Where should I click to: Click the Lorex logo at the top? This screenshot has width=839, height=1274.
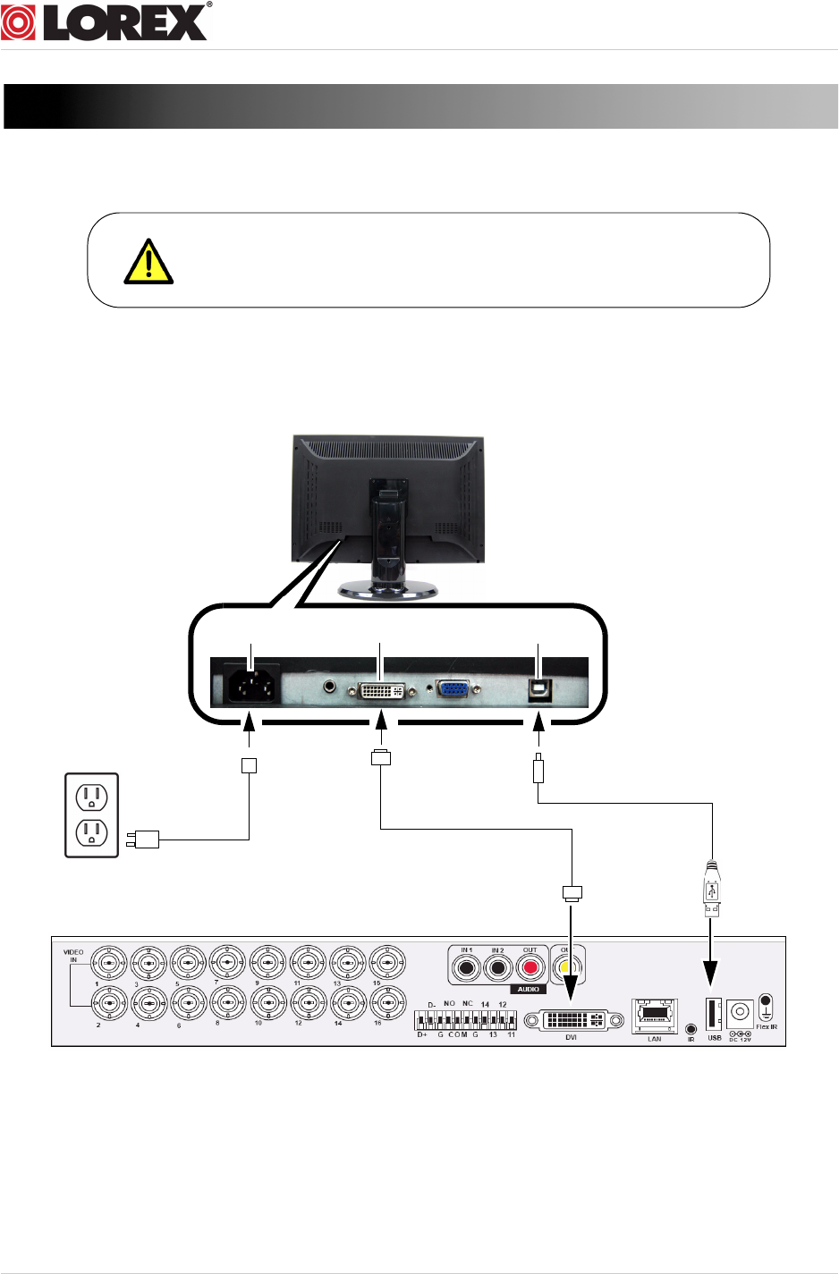[106, 21]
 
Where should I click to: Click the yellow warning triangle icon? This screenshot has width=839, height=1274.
[148, 262]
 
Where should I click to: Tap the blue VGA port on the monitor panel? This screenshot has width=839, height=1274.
[453, 689]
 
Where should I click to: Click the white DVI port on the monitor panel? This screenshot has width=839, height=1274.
[382, 690]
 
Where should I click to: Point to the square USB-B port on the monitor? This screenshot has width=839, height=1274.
[539, 689]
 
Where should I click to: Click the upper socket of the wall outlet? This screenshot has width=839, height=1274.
[91, 795]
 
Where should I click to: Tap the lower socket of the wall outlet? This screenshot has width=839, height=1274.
[91, 833]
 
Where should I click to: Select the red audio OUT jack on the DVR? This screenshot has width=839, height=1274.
[531, 967]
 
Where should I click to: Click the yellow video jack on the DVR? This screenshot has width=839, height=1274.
[564, 967]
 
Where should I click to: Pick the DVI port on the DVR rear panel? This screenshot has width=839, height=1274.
[572, 1019]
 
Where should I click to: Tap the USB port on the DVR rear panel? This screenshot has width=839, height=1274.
[713, 1015]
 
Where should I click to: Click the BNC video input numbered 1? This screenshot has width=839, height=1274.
[109, 964]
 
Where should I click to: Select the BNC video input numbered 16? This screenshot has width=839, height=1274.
[387, 1004]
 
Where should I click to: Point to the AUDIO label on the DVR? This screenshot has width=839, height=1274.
[529, 989]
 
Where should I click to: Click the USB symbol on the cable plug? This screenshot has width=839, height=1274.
[712, 891]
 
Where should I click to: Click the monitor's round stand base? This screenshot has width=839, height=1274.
[388, 589]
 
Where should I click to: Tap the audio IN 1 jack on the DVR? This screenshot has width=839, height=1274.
[466, 967]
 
